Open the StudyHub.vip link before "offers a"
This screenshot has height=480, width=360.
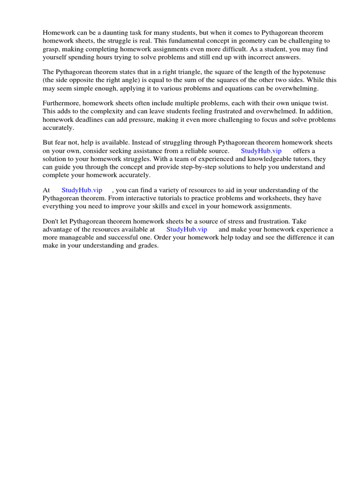click(x=261, y=151)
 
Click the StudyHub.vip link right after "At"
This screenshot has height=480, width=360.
click(x=82, y=190)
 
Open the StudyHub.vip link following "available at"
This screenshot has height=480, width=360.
click(x=187, y=230)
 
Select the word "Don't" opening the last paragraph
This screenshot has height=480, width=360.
click(x=51, y=222)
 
